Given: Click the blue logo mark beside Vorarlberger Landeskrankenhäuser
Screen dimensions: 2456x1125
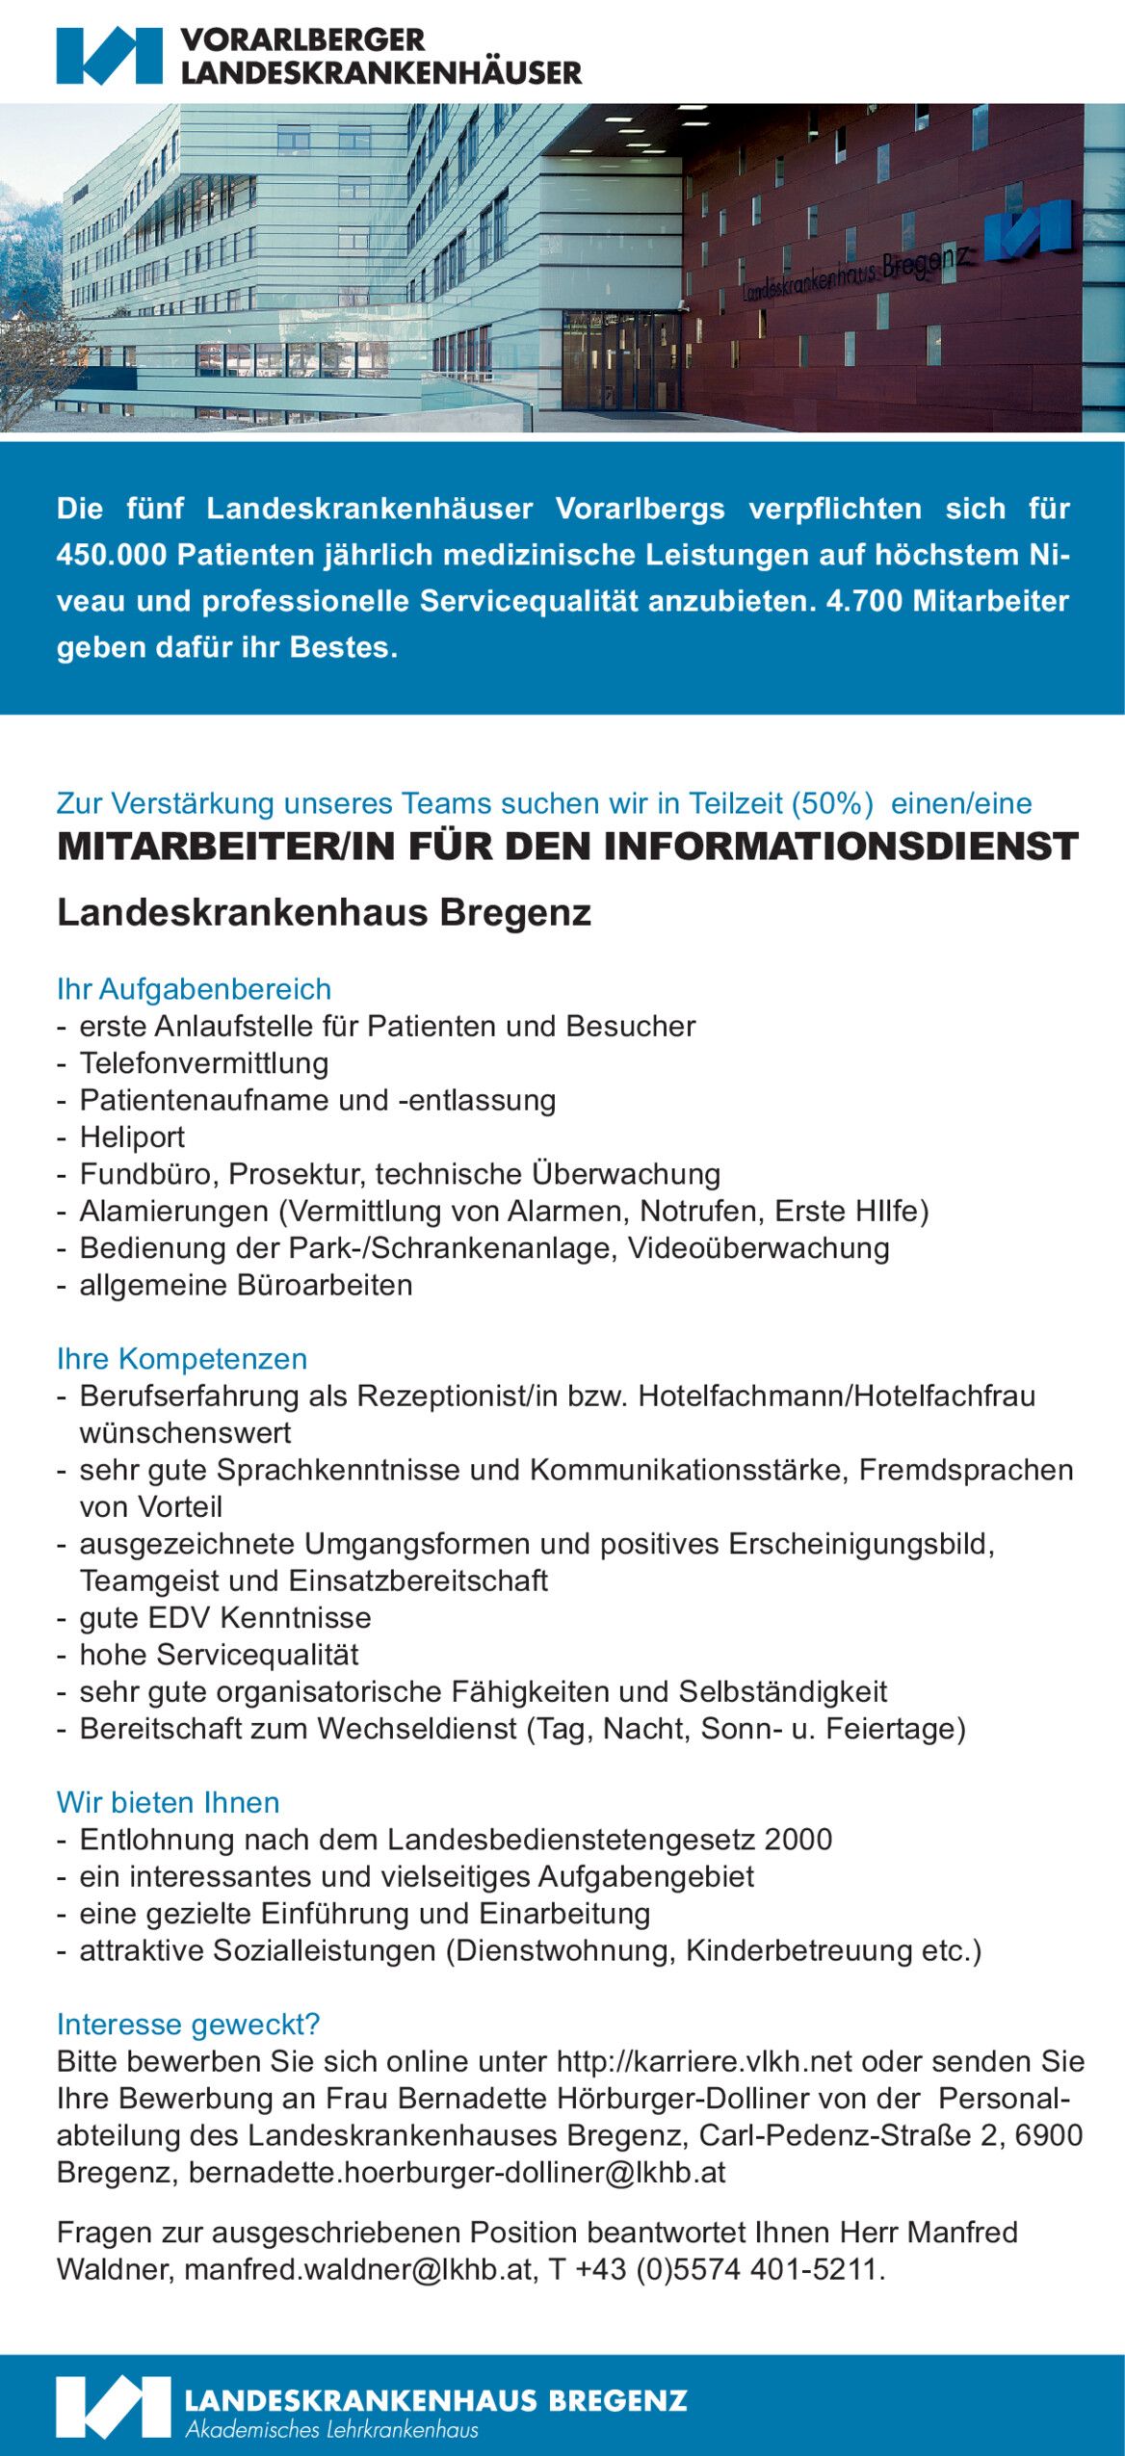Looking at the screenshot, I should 109,56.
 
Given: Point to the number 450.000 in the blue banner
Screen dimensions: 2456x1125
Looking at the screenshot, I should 112,555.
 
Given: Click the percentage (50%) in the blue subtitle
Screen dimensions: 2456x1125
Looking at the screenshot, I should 833,803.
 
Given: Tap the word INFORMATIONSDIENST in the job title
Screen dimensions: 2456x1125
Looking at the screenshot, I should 841,847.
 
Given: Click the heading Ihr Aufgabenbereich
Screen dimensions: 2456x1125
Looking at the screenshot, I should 194,989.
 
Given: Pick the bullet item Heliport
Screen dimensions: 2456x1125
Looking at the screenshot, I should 132,1137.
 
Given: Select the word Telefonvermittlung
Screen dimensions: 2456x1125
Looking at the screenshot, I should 204,1063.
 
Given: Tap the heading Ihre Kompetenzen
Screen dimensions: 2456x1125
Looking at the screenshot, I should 182,1359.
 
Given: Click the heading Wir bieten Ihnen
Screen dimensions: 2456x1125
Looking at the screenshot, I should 169,1802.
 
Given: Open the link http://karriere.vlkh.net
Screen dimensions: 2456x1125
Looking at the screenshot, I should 704,2061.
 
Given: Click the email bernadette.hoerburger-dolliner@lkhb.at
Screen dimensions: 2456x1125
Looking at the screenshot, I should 457,2172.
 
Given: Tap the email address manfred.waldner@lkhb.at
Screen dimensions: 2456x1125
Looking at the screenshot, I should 358,2269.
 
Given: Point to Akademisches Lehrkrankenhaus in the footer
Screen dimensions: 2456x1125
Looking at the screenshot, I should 332,2429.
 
